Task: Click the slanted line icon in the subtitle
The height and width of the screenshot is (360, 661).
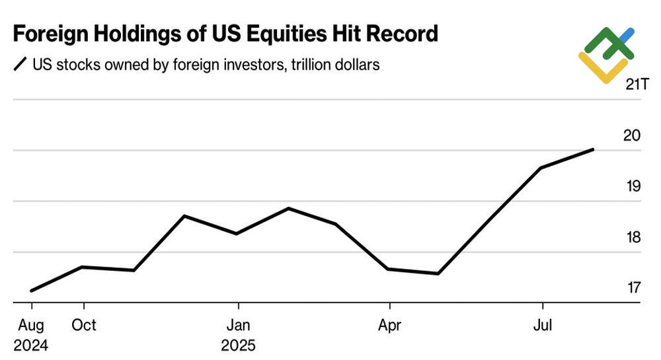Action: pos(20,65)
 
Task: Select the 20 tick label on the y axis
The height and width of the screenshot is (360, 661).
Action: pos(633,135)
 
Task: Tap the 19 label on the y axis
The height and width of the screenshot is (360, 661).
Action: pos(633,186)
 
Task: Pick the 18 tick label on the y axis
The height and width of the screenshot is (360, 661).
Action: pos(633,236)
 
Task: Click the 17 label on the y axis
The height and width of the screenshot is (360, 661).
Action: pos(633,287)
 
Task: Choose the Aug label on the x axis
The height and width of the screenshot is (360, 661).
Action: pos(30,325)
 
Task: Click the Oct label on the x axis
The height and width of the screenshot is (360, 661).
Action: pos(83,325)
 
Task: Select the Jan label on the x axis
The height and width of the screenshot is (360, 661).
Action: pos(238,325)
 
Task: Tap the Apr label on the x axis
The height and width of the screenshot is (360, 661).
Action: pos(390,325)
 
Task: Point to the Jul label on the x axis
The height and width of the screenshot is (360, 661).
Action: pos(543,325)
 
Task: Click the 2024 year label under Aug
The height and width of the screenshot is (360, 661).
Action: pos(30,345)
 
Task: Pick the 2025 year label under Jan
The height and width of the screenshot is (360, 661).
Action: pos(238,345)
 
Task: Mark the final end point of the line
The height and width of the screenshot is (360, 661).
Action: pos(593,149)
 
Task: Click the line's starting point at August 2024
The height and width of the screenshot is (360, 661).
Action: pos(32,290)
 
